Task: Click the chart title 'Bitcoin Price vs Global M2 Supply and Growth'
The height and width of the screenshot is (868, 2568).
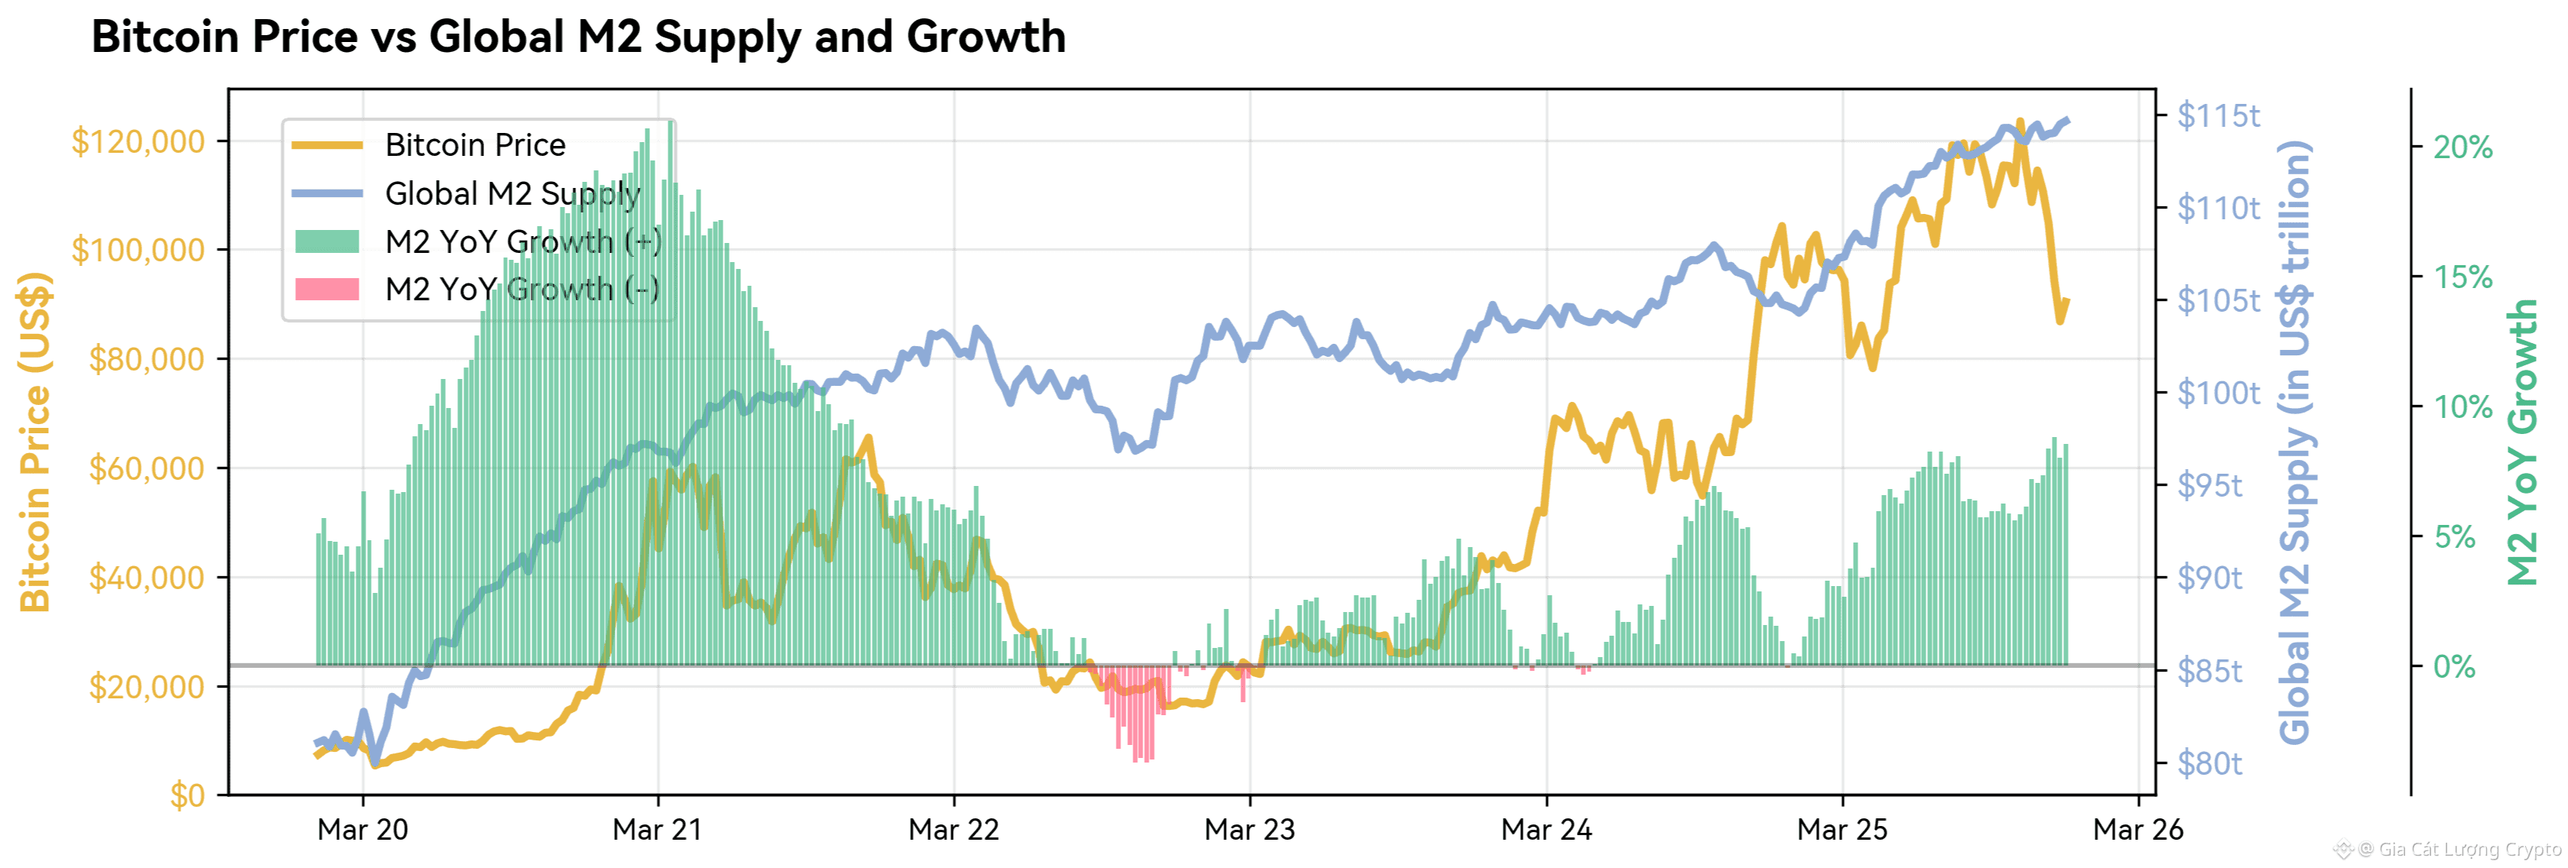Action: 578,37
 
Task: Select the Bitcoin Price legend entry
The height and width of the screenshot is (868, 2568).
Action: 474,145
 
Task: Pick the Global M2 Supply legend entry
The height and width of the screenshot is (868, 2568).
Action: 512,193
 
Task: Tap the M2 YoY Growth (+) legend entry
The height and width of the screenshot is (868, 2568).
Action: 522,241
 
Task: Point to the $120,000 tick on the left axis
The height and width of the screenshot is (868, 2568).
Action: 138,141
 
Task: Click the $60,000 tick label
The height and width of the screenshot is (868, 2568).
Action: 147,468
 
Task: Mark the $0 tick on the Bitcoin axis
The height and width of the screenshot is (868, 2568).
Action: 187,795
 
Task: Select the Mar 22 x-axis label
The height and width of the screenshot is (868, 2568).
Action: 953,830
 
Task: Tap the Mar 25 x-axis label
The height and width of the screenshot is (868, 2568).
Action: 1841,830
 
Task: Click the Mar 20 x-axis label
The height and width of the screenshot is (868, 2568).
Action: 362,830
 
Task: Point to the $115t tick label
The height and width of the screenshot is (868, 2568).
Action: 2218,115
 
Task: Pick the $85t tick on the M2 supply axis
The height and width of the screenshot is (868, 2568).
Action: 2209,671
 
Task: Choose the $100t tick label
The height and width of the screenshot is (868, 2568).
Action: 2218,393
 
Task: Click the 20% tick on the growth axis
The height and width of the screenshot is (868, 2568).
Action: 2462,147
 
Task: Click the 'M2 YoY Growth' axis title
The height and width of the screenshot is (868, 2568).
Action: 2522,442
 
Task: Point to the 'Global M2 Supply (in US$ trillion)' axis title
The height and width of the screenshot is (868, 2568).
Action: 2295,442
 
